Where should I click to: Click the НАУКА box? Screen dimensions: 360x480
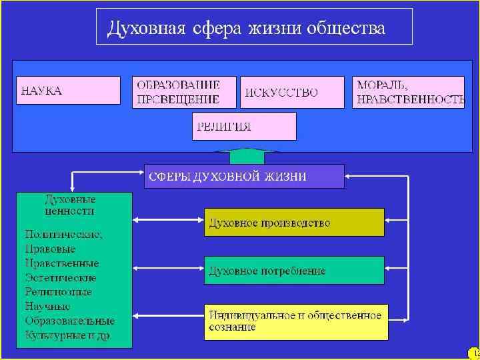point(68,91)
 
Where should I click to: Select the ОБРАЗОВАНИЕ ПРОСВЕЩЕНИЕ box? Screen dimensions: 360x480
point(185,92)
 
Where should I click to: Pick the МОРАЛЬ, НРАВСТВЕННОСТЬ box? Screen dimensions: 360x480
point(408,92)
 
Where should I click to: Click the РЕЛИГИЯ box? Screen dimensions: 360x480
point(243,126)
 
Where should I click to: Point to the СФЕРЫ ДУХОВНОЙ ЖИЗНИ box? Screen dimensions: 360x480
point(244,177)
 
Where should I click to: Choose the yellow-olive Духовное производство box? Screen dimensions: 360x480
point(294,223)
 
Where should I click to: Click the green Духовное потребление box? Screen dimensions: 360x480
point(294,271)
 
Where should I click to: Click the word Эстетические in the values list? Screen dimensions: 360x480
point(61,277)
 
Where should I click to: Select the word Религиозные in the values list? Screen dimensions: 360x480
point(59,292)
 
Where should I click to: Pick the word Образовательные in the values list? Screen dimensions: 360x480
point(69,321)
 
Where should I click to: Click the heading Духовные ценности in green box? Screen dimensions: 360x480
point(70,205)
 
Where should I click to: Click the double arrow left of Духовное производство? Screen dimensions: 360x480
point(168,220)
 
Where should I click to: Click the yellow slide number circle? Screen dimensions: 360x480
point(474,353)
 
